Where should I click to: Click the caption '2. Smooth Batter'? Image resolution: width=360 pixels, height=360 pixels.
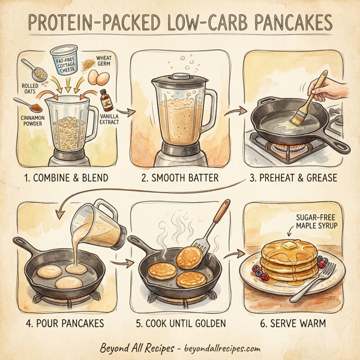pos(179,178)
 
